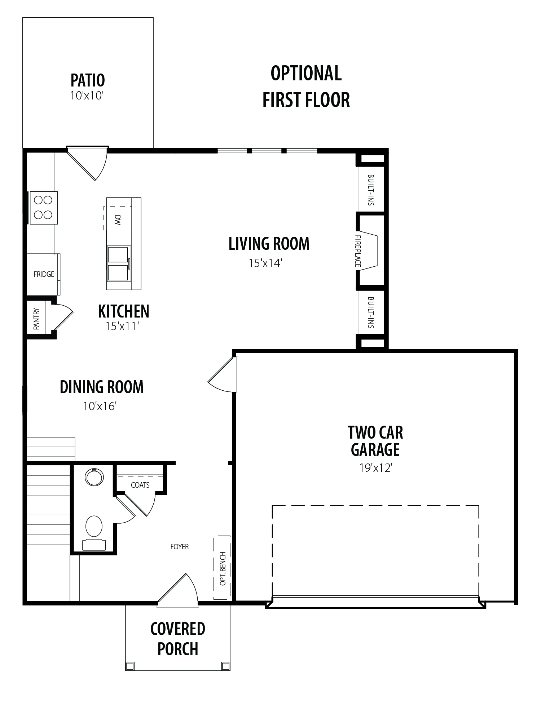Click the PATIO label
[88, 80]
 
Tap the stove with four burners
[44, 208]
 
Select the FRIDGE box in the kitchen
[43, 274]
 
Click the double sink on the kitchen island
[118, 263]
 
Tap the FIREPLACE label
[358, 251]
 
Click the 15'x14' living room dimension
[265, 263]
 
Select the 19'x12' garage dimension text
[375, 468]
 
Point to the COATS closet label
[140, 485]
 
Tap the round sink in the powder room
[94, 477]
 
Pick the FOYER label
[180, 547]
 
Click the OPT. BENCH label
[223, 568]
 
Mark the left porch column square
[130, 665]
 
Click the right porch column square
[225, 665]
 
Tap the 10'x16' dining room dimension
[100, 407]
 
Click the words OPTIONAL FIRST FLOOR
[306, 87]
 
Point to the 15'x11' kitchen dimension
[122, 327]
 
